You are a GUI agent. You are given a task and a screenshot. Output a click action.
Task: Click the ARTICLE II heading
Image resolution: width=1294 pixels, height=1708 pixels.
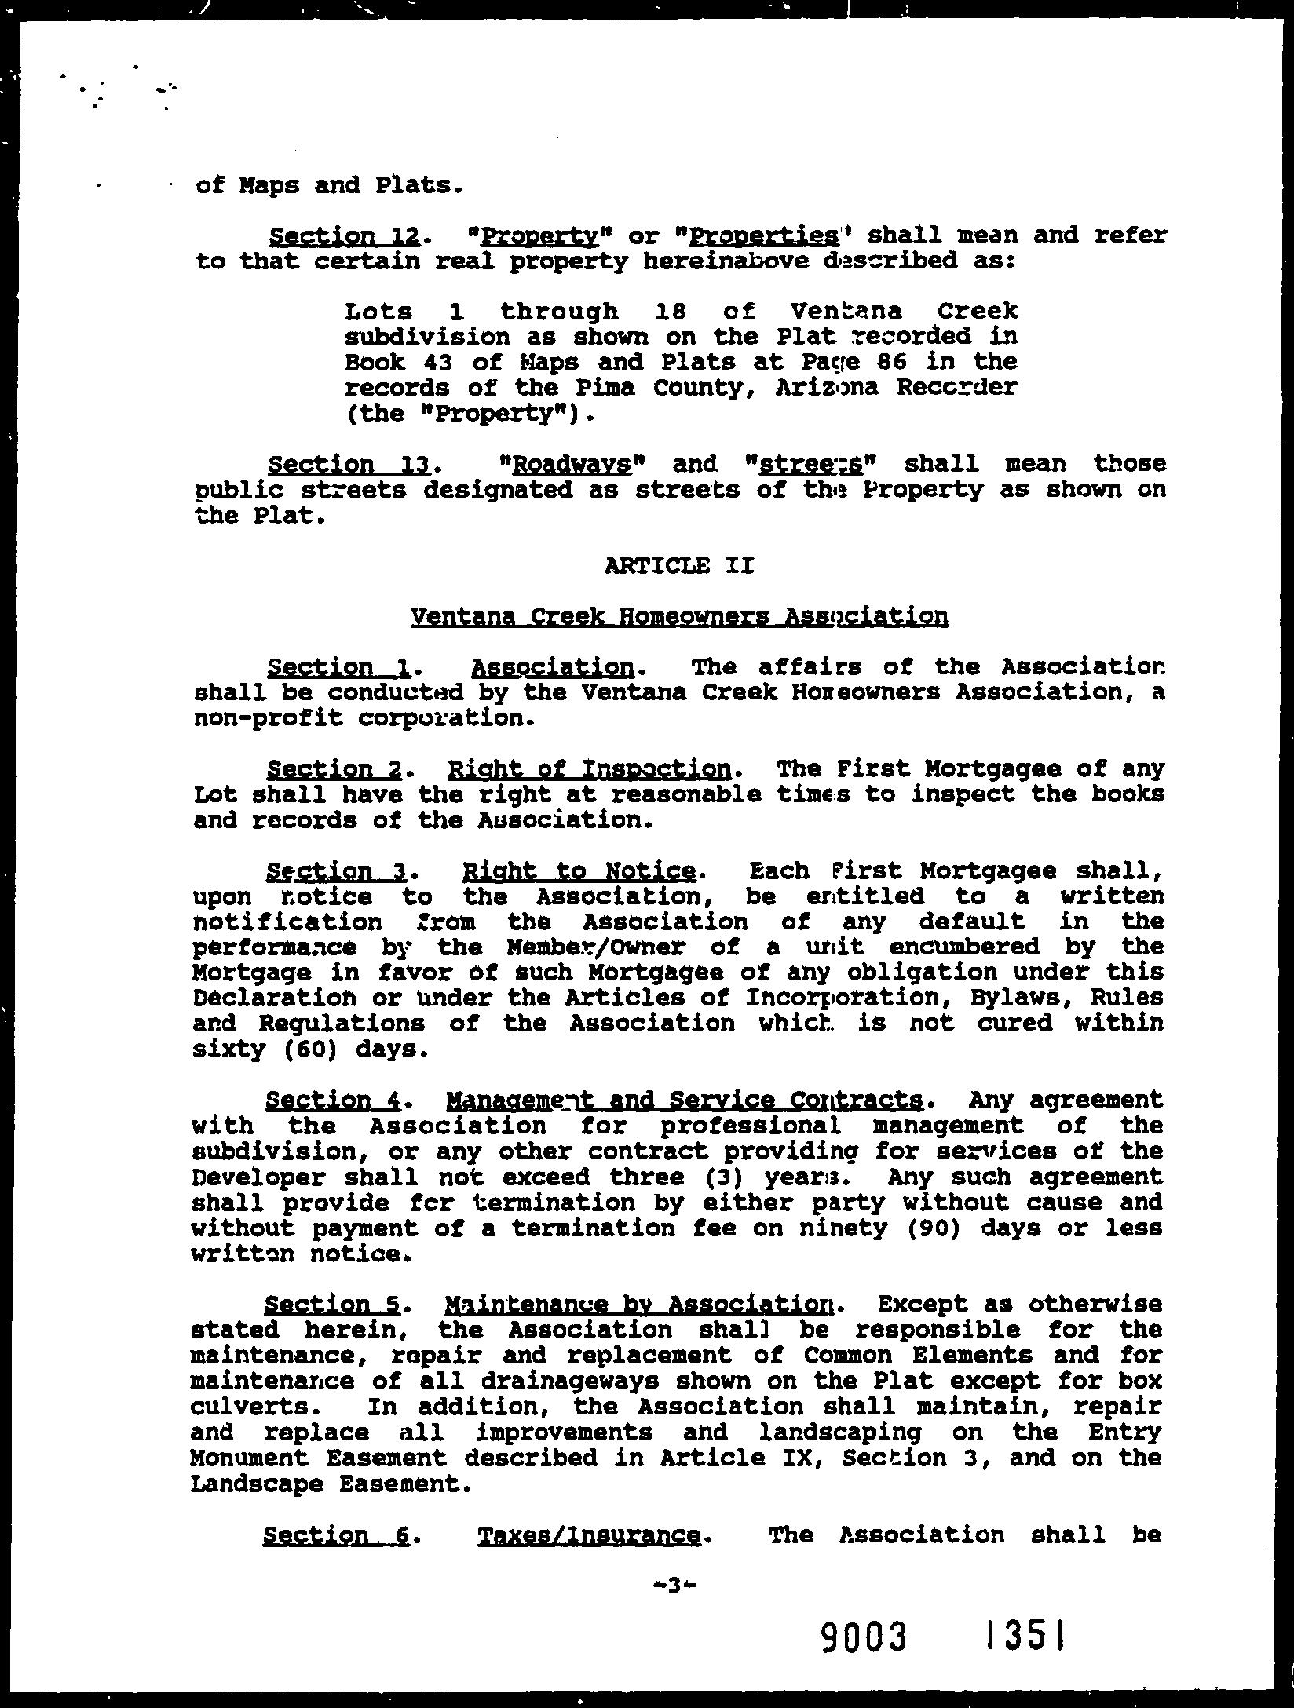coord(679,565)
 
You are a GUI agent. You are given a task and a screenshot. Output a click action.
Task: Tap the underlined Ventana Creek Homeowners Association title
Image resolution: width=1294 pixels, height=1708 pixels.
coord(679,616)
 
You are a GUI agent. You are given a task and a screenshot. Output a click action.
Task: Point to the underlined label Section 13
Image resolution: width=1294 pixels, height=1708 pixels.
coord(347,465)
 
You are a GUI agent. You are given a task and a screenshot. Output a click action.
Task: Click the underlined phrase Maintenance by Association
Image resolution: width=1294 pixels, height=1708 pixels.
coord(640,1305)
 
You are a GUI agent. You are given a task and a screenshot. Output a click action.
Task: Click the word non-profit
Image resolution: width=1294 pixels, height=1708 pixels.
coord(268,718)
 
